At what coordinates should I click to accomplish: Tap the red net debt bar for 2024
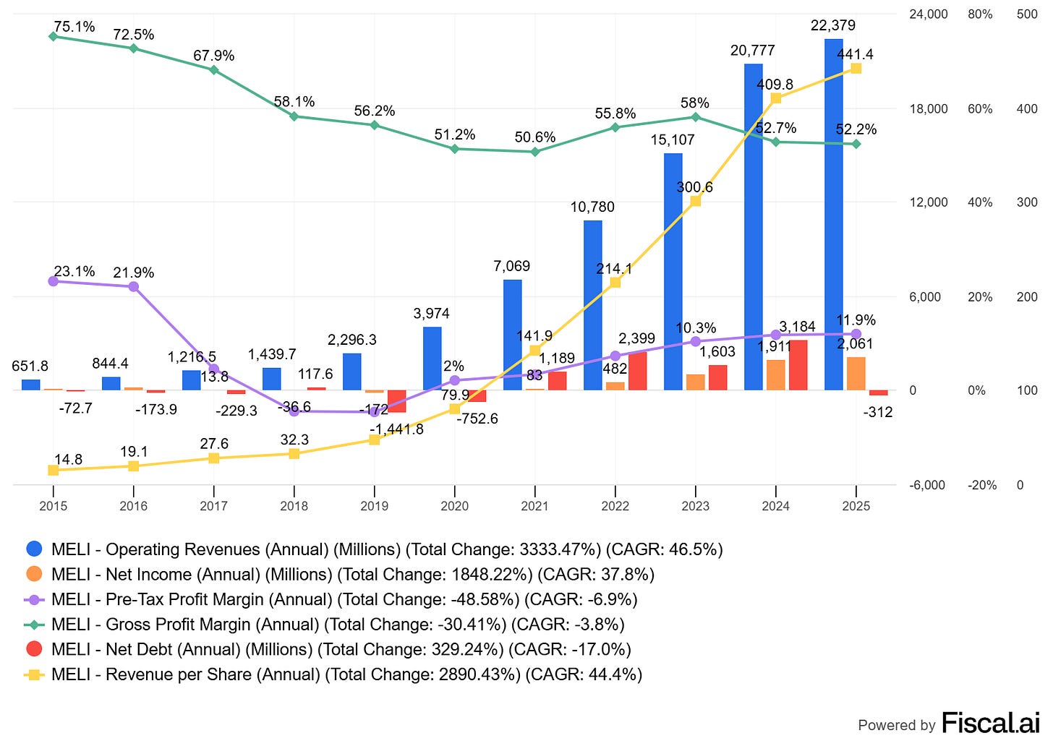point(798,365)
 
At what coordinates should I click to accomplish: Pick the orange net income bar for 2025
point(856,374)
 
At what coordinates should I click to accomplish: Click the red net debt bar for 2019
point(397,401)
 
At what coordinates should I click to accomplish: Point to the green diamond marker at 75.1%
point(53,36)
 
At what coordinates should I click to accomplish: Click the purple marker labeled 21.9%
point(134,287)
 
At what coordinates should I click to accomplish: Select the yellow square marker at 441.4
point(856,69)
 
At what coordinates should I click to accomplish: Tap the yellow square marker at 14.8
point(53,471)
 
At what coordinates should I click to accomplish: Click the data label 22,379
point(832,25)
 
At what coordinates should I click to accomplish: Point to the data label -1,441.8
point(396,429)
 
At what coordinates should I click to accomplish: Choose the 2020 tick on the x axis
point(454,506)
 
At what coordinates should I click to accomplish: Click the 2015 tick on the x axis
point(53,506)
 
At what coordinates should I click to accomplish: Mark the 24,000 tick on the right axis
point(928,14)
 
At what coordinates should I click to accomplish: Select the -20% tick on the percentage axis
point(981,485)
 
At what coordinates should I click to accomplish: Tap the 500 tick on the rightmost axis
point(1027,14)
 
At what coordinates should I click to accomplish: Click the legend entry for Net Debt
point(341,649)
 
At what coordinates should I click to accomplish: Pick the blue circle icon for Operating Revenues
point(34,549)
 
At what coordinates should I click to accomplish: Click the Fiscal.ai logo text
point(990,723)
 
